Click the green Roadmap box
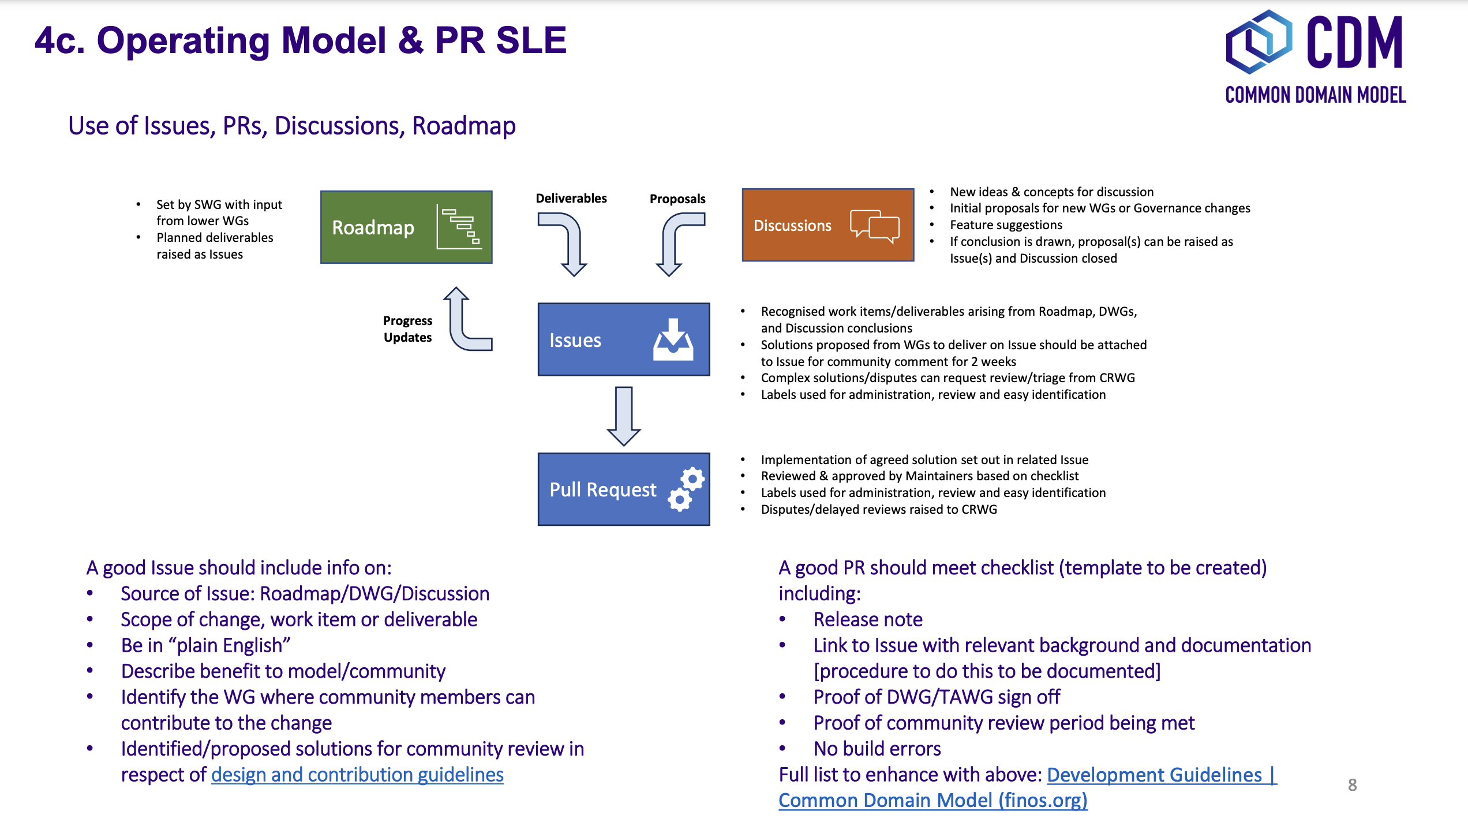[x=406, y=227]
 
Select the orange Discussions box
[x=827, y=225]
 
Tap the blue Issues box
[x=623, y=339]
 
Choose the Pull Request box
[x=623, y=489]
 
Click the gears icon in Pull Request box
[x=687, y=490]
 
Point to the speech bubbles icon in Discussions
[x=874, y=226]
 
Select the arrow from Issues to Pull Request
[x=624, y=416]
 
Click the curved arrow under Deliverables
[x=566, y=242]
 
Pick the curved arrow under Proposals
[x=678, y=242]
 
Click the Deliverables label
[x=571, y=199]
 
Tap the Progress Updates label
[x=407, y=329]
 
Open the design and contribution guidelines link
[x=357, y=775]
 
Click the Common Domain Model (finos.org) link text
[x=933, y=801]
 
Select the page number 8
[x=1352, y=785]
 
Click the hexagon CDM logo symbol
[x=1259, y=42]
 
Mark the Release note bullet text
[x=867, y=619]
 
